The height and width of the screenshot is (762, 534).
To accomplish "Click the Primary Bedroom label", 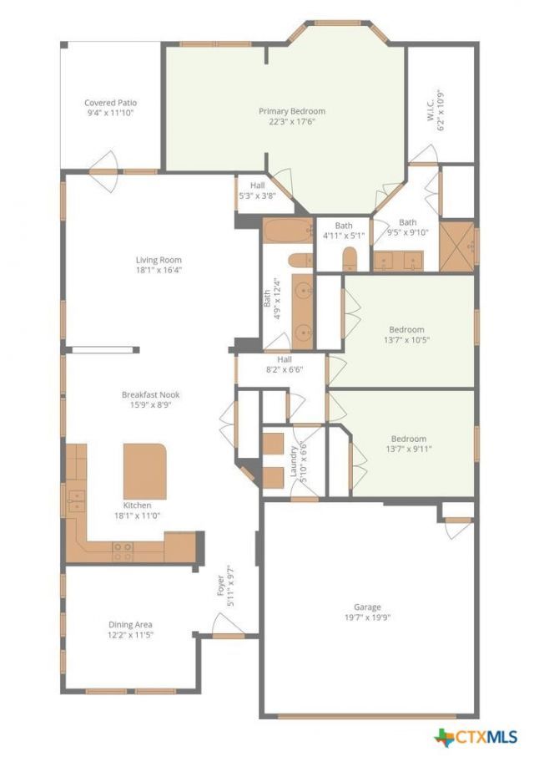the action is [x=292, y=111].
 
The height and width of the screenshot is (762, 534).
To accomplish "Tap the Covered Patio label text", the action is [x=111, y=103].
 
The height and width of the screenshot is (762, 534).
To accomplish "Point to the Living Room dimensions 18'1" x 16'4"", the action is [x=159, y=270].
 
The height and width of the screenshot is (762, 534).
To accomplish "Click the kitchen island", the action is [x=145, y=471].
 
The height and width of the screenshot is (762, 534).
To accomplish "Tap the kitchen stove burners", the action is [x=123, y=551].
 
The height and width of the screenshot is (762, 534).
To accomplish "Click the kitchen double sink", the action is [x=76, y=501].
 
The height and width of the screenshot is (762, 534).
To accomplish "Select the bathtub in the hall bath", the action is [x=289, y=230].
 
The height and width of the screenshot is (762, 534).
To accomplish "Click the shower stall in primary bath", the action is [x=456, y=246].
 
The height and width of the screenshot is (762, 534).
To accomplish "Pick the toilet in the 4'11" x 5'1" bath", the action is [x=350, y=258].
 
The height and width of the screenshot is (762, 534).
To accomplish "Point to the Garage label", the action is [x=367, y=607].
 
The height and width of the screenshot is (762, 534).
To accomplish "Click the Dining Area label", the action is [x=130, y=624].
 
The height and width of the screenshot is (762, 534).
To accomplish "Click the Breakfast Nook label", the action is [x=150, y=394].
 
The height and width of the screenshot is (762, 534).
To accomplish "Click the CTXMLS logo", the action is [x=476, y=737].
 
